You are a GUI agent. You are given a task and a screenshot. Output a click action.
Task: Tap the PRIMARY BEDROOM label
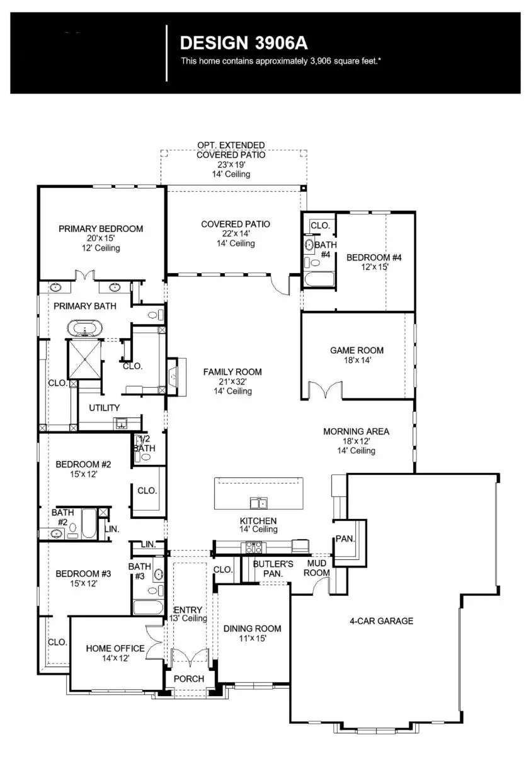[101, 229]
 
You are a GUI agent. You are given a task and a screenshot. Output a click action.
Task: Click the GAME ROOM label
[357, 351]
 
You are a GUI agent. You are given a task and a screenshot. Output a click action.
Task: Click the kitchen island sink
[258, 503]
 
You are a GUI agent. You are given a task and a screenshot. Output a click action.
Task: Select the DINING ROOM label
[252, 629]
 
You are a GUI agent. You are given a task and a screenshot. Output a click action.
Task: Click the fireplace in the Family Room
[174, 377]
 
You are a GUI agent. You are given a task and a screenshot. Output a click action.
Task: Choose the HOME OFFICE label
[115, 648]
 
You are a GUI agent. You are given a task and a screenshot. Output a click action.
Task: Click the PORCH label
[188, 679]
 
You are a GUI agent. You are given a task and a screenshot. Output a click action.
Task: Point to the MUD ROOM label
[317, 568]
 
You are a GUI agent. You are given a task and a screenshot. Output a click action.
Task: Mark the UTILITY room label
[104, 408]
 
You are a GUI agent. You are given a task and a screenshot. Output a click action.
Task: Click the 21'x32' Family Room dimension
[232, 382]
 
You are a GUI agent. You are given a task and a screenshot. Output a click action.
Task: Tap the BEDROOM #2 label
[83, 465]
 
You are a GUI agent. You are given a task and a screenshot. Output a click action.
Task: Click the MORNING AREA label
[356, 432]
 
